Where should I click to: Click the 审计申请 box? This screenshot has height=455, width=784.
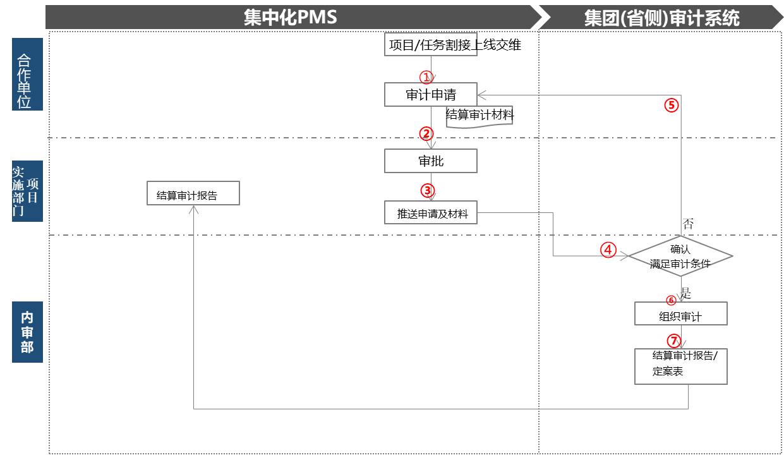click(x=431, y=95)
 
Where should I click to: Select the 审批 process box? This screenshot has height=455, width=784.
click(x=431, y=161)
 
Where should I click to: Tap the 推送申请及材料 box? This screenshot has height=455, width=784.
click(x=431, y=213)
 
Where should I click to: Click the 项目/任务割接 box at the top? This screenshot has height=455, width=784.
click(x=431, y=44)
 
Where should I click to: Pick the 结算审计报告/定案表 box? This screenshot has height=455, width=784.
click(x=680, y=365)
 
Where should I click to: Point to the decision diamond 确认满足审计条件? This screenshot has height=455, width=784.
click(x=681, y=257)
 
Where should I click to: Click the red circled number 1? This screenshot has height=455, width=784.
click(x=426, y=77)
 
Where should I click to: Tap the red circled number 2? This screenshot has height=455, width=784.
click(x=426, y=133)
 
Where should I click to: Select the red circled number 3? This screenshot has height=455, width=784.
click(x=427, y=190)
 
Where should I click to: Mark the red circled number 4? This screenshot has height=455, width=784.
click(x=608, y=250)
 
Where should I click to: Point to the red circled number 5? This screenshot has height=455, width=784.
click(x=671, y=106)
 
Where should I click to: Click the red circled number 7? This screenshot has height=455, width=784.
click(x=674, y=341)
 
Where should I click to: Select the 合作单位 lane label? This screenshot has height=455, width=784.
click(x=27, y=74)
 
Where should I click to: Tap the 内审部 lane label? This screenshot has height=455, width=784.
click(x=27, y=332)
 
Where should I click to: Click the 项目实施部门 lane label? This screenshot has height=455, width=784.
click(x=27, y=191)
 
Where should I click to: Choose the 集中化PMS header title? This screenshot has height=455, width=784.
click(x=290, y=17)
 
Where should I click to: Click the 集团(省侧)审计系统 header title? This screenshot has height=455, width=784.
click(x=661, y=18)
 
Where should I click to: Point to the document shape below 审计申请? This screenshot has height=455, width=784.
click(x=479, y=118)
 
